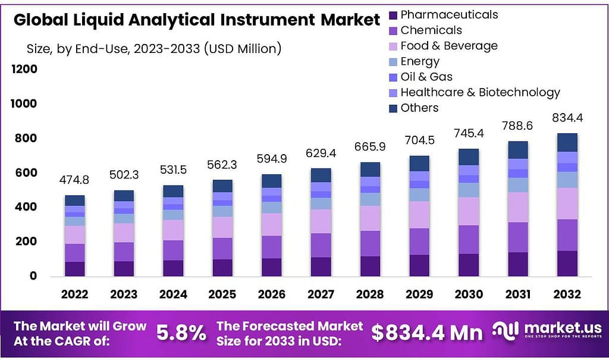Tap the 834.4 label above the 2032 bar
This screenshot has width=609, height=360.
[x=567, y=118]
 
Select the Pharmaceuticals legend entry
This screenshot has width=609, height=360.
[x=448, y=15]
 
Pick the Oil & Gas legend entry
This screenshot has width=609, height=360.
[x=426, y=77]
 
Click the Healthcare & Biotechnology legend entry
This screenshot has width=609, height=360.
[x=479, y=92]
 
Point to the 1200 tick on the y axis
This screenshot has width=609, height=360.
[x=24, y=69]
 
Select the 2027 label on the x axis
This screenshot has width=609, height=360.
[x=321, y=294]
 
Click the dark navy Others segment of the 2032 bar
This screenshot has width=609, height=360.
[x=567, y=142]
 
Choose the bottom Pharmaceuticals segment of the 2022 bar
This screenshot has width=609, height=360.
[x=75, y=268]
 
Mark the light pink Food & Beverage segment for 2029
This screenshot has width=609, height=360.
[x=420, y=215]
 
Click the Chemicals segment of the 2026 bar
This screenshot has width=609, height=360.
[x=272, y=247]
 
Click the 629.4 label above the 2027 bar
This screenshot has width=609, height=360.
[x=321, y=154]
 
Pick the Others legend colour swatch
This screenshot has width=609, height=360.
[x=393, y=108]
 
